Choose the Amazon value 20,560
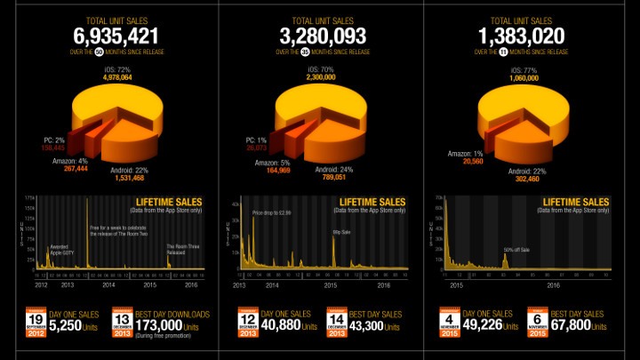point(473,163)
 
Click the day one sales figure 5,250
point(66,326)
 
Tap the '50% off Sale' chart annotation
point(516,250)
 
